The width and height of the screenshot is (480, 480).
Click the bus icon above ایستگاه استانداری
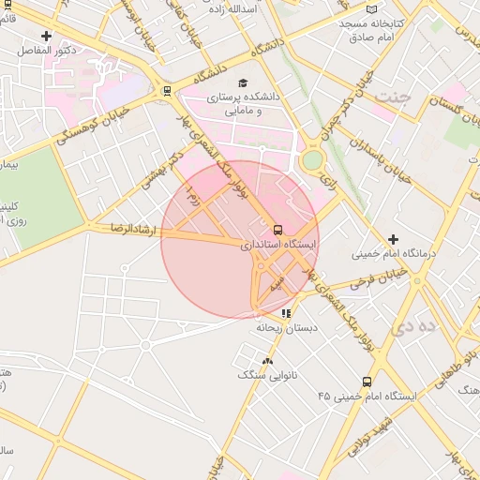tap(277, 229)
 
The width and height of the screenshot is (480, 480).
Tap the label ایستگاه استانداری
tap(278, 245)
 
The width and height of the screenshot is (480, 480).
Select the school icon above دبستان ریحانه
tap(285, 314)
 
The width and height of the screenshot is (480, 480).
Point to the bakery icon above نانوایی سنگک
tap(268, 360)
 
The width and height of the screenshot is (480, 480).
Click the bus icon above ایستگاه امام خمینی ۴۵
tap(367, 382)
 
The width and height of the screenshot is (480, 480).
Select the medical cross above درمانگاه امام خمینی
tap(393, 239)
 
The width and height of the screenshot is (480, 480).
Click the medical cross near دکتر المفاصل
tap(46, 36)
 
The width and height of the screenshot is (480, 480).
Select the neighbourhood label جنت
tap(393, 96)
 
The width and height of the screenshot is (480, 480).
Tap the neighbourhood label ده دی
tap(416, 325)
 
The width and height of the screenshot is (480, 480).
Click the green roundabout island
tap(311, 160)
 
